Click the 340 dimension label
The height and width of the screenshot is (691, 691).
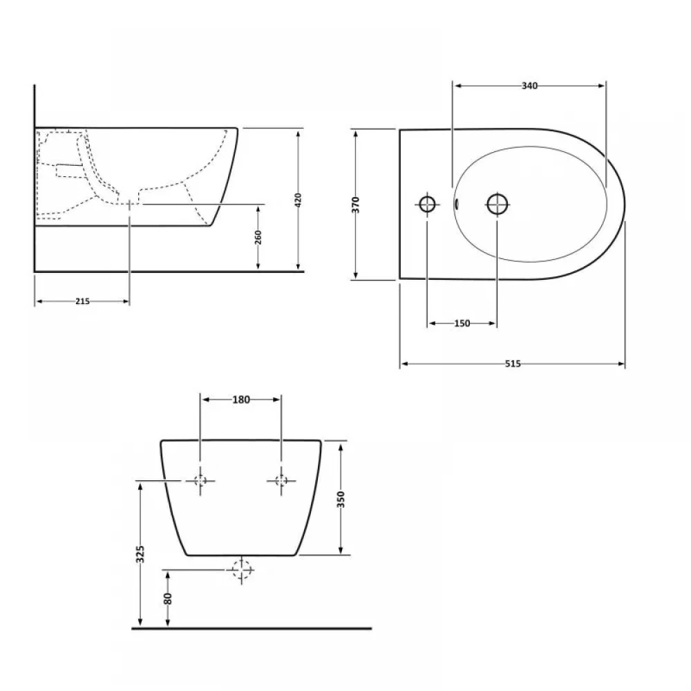pyautogui.click(x=529, y=86)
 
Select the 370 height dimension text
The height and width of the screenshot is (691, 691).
pyautogui.click(x=356, y=205)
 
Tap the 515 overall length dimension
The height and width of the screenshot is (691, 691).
pyautogui.click(x=513, y=364)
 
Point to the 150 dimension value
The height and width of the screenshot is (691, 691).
pyautogui.click(x=462, y=323)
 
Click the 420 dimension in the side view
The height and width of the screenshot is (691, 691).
pyautogui.click(x=299, y=200)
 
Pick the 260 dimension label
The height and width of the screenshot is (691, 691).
pyautogui.click(x=258, y=237)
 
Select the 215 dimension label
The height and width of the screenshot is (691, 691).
pyautogui.click(x=82, y=301)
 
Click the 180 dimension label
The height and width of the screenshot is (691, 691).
pyautogui.click(x=241, y=399)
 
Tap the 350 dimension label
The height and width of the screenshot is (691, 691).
pyautogui.click(x=341, y=500)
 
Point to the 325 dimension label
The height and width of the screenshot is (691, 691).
pyautogui.click(x=140, y=554)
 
